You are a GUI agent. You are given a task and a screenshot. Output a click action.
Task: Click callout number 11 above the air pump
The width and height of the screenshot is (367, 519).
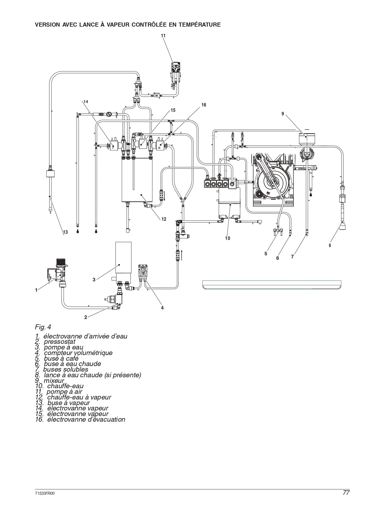163,36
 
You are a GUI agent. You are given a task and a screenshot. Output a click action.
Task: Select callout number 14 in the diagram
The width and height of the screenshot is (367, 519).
86,101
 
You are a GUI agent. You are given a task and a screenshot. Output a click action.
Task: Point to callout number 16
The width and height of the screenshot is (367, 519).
204,105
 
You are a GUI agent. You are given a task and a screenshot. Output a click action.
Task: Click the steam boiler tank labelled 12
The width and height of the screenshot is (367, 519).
137,180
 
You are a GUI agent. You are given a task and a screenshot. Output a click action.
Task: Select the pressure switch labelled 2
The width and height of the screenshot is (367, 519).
114,300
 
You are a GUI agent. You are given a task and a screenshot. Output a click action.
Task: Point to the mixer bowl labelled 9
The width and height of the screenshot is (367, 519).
307,139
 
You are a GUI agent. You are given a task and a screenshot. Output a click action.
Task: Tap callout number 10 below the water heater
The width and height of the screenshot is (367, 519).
227,238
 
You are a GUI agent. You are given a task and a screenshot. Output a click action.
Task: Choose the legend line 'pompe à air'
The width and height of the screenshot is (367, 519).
59,391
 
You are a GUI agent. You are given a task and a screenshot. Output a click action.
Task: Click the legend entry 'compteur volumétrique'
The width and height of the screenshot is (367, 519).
74,353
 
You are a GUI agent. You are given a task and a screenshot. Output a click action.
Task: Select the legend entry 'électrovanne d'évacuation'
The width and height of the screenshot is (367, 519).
80,419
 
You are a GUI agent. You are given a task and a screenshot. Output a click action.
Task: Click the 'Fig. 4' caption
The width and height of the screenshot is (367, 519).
43,327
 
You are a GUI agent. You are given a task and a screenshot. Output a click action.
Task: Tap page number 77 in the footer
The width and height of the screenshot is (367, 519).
346,493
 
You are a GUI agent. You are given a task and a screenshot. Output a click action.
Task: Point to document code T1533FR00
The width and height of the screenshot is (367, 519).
44,493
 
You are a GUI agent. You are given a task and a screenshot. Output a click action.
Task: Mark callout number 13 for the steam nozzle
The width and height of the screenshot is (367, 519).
66,232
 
